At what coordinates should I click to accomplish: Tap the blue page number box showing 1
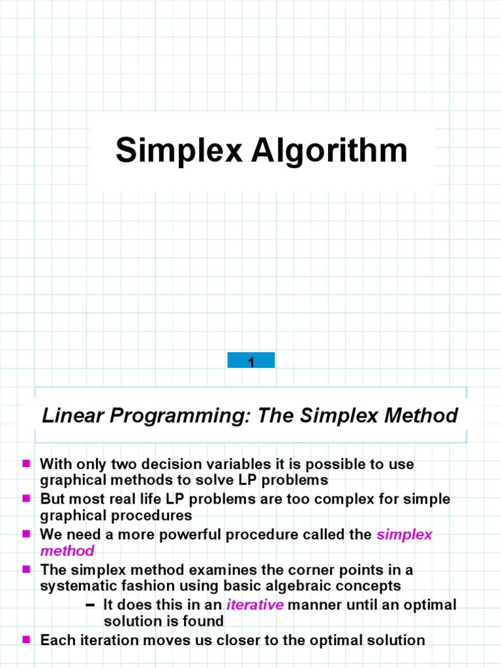click(x=251, y=360)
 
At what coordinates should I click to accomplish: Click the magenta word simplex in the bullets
click(x=404, y=534)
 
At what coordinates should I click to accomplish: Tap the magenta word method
click(x=67, y=551)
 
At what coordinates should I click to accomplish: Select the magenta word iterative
click(x=255, y=604)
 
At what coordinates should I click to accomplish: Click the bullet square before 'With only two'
click(x=27, y=464)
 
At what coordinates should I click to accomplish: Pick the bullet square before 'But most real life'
click(x=27, y=499)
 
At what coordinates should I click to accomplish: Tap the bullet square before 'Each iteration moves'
click(x=27, y=639)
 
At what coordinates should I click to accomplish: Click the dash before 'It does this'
click(x=91, y=605)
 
